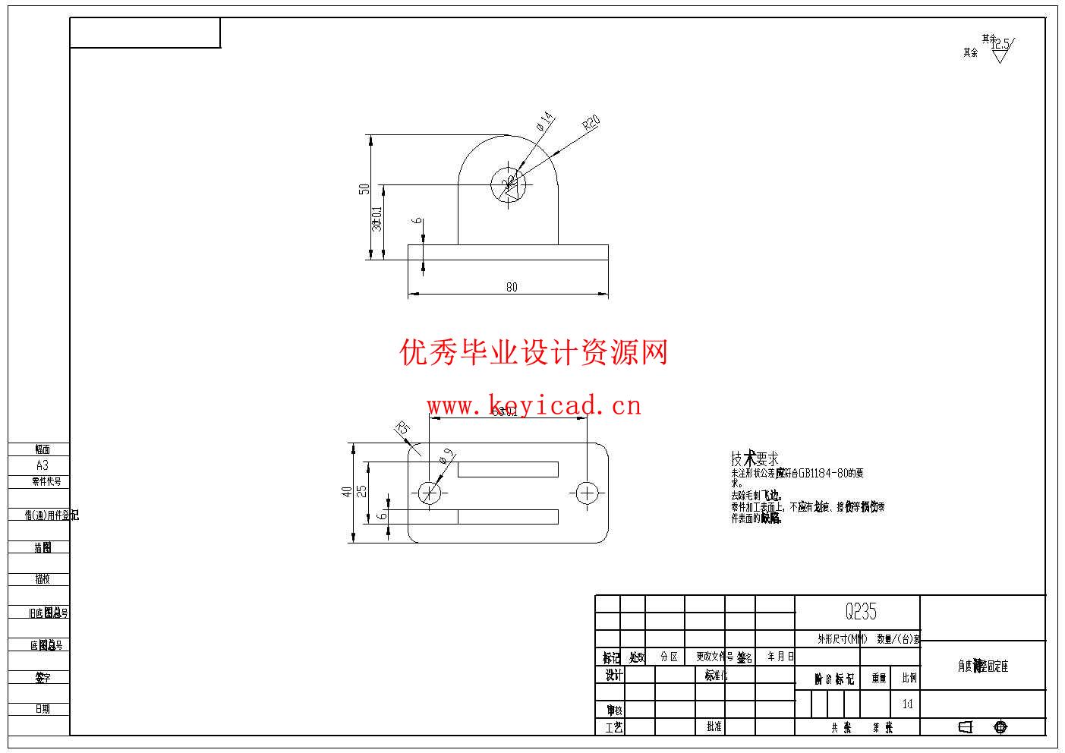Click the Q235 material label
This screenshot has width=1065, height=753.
[861, 611]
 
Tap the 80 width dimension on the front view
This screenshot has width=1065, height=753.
[512, 287]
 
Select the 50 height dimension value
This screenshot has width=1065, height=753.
[364, 188]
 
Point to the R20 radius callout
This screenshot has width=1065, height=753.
[591, 123]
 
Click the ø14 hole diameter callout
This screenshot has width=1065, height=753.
[544, 121]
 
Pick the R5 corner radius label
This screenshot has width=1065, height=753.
[402, 429]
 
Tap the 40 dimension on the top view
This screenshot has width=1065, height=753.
[347, 492]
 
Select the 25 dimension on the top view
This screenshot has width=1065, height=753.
[362, 491]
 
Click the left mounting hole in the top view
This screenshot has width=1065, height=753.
[430, 493]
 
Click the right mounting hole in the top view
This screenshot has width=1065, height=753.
[587, 493]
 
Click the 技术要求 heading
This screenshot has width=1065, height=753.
[755, 458]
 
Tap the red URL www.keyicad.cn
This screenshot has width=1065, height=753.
[534, 405]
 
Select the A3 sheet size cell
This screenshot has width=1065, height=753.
[42, 465]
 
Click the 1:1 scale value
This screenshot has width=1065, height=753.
[908, 704]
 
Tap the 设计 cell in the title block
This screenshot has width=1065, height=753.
[613, 675]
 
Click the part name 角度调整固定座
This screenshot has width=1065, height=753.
[982, 666]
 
